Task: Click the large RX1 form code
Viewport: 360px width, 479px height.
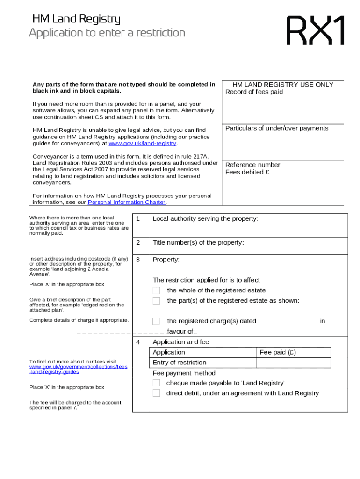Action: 316,30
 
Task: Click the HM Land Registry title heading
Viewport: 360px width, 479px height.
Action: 76,19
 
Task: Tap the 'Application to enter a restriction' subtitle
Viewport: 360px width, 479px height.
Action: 107,33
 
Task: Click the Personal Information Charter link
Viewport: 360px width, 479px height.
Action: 127,203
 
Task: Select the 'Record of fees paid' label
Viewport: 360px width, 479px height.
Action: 254,92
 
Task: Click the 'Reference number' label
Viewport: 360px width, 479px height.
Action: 252,165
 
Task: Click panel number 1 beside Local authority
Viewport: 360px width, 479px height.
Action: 138,218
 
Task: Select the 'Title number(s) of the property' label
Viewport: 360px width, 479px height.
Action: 198,242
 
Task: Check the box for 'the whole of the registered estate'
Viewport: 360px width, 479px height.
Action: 156,290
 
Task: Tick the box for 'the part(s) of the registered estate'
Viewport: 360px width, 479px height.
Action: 156,301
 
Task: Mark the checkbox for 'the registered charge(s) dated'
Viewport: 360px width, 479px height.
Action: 156,321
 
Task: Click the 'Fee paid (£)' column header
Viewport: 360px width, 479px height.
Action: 278,352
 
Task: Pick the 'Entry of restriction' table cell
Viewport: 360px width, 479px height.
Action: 180,363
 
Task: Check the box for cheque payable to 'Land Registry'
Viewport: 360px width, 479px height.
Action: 156,383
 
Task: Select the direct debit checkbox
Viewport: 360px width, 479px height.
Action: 156,393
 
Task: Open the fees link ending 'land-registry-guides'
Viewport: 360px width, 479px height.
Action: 78,367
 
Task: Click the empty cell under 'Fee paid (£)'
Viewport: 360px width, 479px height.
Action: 294,363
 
